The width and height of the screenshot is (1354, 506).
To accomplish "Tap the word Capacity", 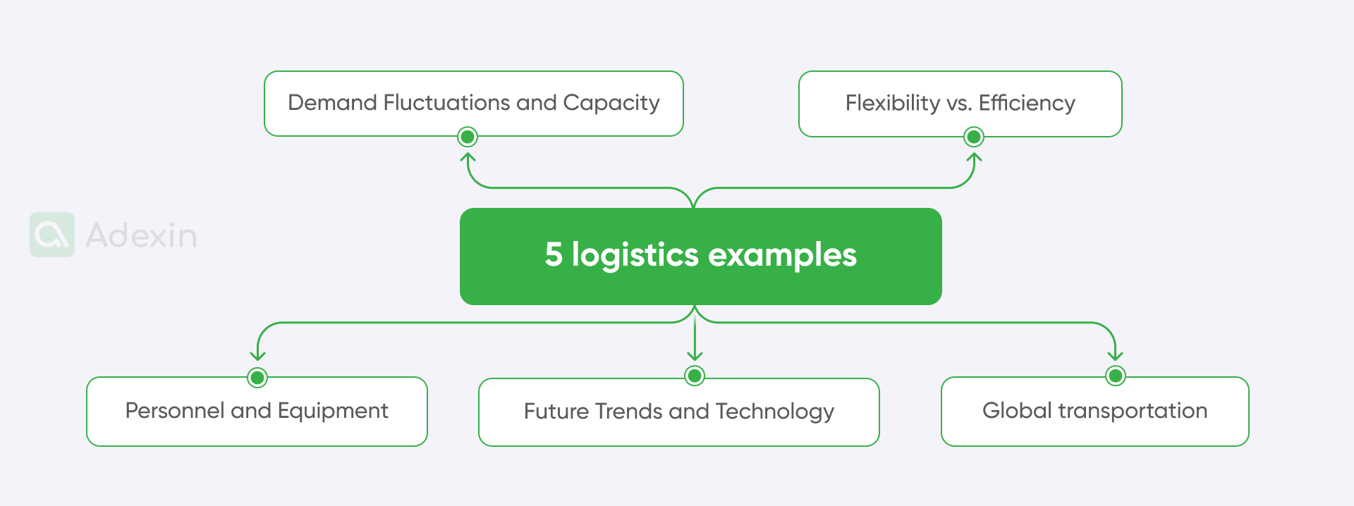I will coord(611,104).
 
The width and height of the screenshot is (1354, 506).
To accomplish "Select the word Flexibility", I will coord(893,104).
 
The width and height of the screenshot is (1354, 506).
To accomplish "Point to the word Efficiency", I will coord(1027,104).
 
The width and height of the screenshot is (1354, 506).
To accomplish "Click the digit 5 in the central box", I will coord(554,254).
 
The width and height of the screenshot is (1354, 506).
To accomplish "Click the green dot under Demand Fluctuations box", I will coord(468,137).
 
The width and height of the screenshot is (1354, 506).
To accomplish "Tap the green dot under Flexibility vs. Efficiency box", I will coord(974,137).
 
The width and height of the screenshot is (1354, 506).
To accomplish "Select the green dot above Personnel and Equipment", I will coord(257,378).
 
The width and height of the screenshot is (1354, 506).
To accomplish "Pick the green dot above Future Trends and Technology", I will coord(695,376).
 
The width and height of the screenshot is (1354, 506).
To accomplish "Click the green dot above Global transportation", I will coord(1116,376).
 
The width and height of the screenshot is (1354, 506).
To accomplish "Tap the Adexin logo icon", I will coord(52,235).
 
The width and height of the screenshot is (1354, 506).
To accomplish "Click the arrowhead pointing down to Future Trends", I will coord(695,356).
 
